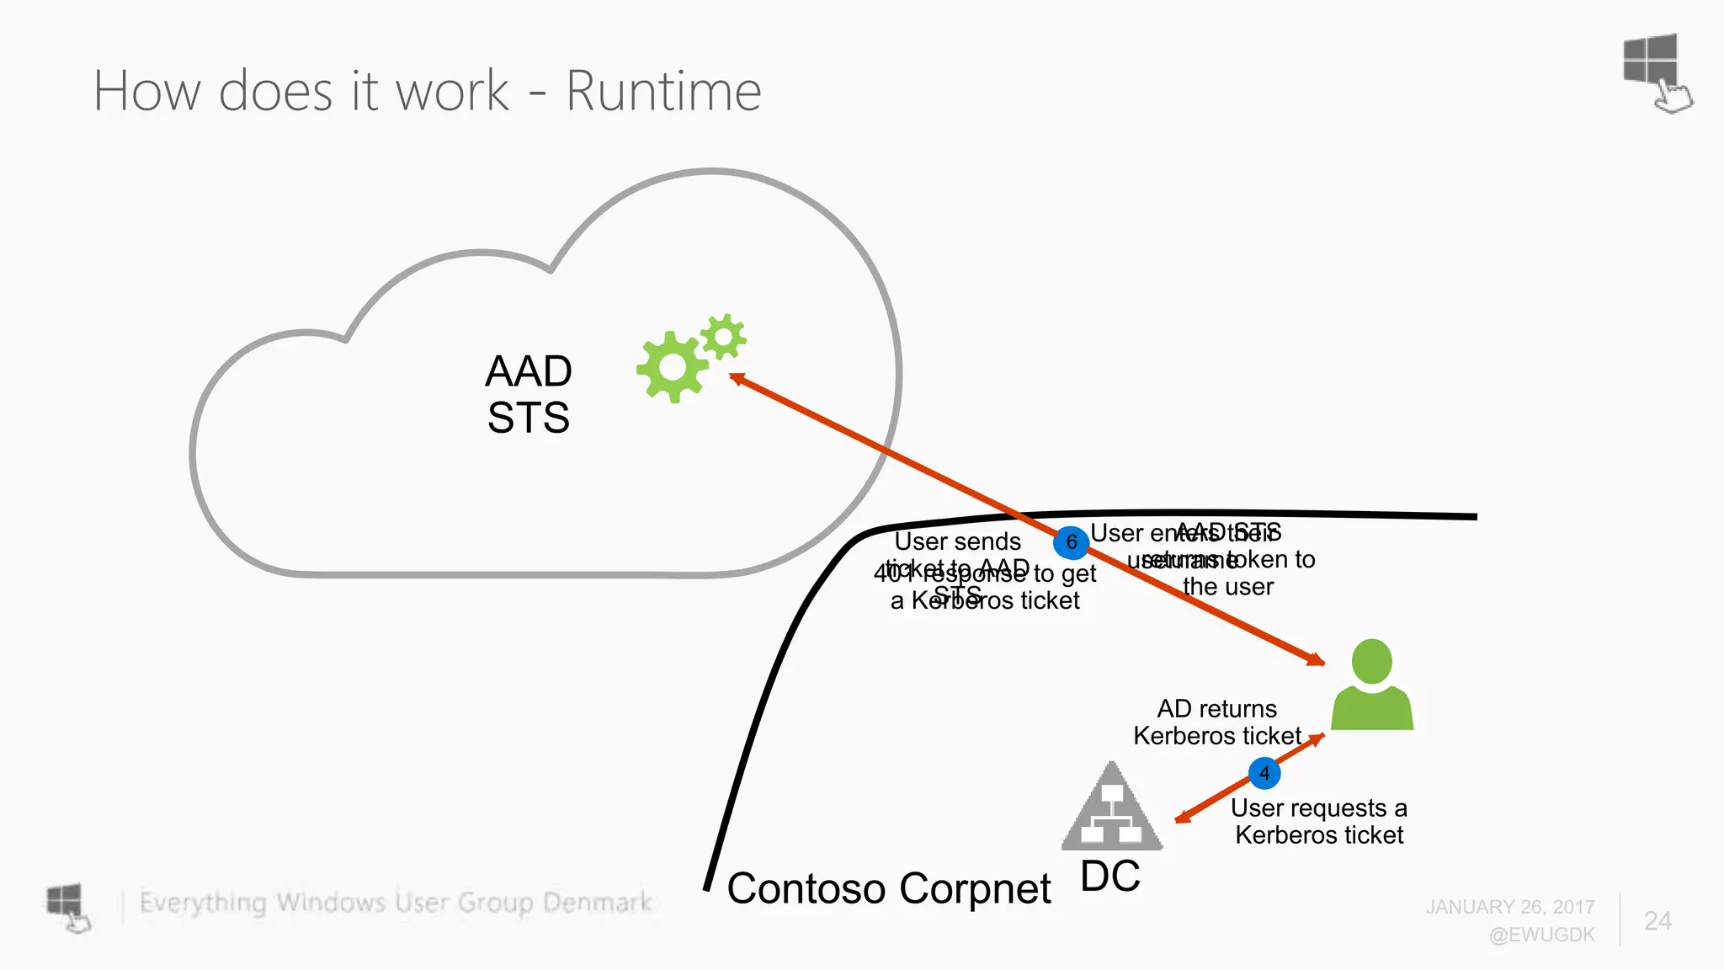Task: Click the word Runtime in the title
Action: click(663, 91)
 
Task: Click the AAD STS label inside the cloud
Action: click(529, 394)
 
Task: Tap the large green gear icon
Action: click(672, 367)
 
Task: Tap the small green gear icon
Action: click(722, 337)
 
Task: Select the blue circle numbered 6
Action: click(1072, 542)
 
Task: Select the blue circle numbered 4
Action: click(1264, 773)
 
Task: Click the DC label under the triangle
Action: click(1110, 877)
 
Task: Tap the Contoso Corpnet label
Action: click(889, 888)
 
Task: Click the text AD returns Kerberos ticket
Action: click(1217, 722)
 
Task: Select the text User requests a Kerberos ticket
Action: click(1319, 822)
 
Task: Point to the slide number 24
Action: click(1657, 920)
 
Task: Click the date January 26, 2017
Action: click(1510, 907)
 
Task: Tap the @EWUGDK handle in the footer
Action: click(1541, 935)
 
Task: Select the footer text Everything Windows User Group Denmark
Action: click(396, 903)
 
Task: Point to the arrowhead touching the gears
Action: click(736, 379)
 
